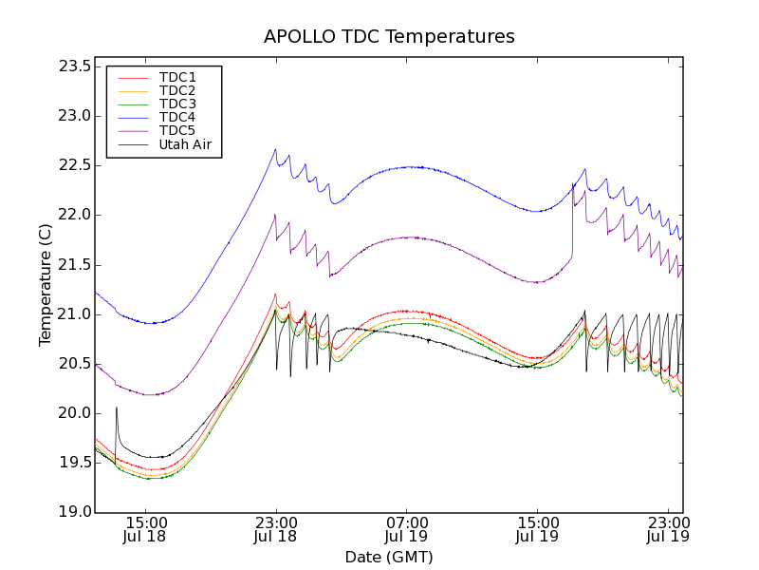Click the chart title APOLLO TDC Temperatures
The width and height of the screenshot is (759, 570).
[389, 37]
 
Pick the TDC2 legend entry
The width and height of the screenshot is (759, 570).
[177, 91]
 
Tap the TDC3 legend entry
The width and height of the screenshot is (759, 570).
[177, 104]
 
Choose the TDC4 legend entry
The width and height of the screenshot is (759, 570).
[177, 118]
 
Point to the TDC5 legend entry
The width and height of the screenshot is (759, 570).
[177, 131]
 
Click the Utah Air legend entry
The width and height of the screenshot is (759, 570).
[185, 145]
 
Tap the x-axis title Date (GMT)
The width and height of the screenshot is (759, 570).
[389, 557]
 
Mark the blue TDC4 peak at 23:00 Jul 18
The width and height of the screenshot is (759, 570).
[275, 149]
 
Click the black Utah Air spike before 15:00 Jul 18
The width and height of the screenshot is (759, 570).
[117, 408]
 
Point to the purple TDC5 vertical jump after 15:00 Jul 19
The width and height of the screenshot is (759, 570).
[573, 218]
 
